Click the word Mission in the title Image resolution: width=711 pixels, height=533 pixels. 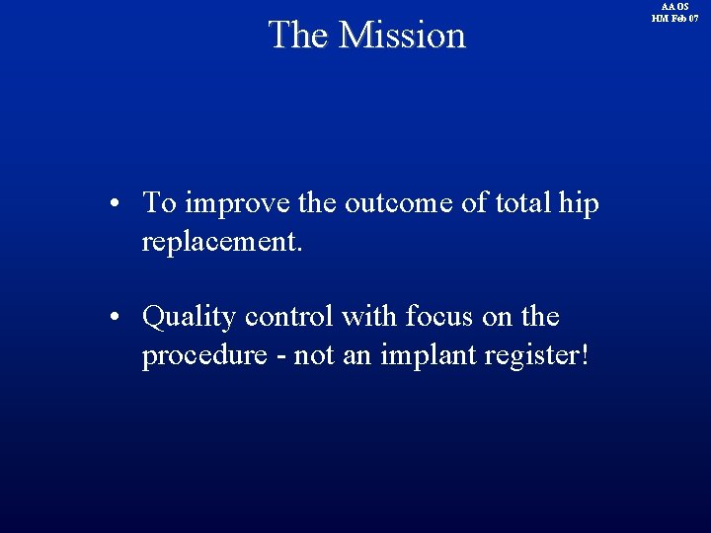tap(401, 35)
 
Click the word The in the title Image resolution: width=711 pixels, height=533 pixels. tap(298, 35)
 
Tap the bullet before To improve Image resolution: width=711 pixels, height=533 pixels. tap(116, 204)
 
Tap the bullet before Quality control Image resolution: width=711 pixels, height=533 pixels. tap(116, 318)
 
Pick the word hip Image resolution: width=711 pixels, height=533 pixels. tap(579, 205)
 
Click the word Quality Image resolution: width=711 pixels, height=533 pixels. tap(190, 318)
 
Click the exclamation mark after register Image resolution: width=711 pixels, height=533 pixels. tap(587, 355)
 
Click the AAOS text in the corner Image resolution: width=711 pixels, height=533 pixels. tap(674, 7)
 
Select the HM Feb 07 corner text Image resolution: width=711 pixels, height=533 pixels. tap(674, 19)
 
